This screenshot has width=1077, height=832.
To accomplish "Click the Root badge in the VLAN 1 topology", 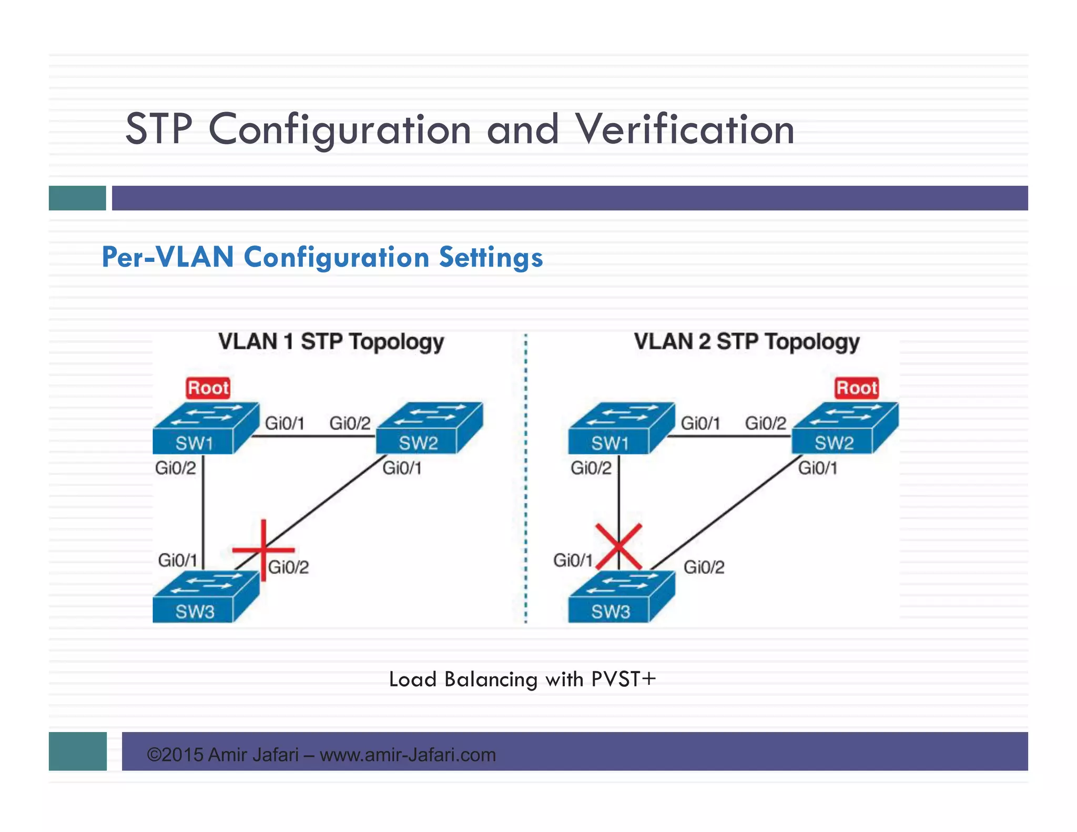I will pos(208,388).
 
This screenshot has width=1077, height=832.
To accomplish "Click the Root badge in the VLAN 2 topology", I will pos(857,388).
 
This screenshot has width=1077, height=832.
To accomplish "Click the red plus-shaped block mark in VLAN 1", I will pos(263,550).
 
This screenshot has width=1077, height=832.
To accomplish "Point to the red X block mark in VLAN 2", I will pos(619,546).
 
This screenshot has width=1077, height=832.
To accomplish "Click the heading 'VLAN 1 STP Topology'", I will pos(331,342).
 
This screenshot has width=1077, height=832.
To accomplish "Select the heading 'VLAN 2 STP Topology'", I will pos(746,342).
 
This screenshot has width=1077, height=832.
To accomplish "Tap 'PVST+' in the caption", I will pos(624,679).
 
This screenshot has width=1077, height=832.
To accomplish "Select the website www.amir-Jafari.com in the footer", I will pos(408,755).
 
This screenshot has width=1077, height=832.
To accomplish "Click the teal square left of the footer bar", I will pos(77,751).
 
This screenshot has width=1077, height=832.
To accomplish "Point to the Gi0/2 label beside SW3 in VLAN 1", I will pos(289,567).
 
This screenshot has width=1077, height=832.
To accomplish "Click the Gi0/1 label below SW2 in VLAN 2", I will pos(818,468).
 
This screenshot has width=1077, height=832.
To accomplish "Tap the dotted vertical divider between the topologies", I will pos(525,479).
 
